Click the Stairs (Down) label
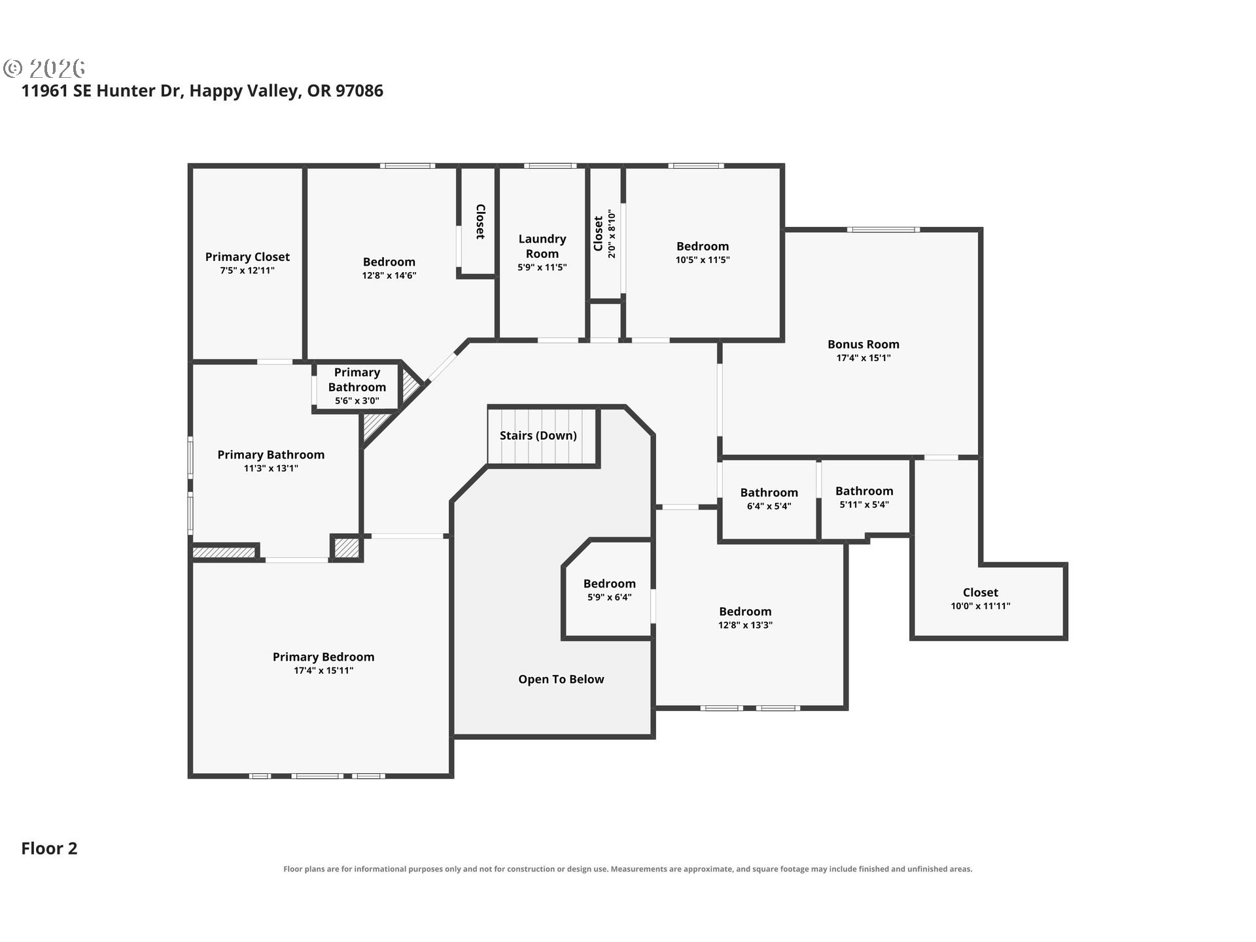tap(538, 436)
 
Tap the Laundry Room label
tap(542, 247)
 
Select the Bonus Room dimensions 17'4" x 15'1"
tap(863, 358)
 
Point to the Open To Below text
tap(561, 680)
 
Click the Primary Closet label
tap(247, 257)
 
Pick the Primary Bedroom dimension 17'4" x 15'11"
tap(323, 671)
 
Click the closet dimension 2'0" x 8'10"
tap(612, 234)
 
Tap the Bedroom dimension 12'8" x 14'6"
tap(389, 275)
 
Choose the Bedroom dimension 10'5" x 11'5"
tap(703, 260)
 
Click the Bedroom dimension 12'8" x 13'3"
tap(745, 625)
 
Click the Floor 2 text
tap(49, 848)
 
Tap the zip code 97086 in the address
tap(359, 90)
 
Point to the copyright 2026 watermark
tap(44, 68)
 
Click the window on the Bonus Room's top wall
tap(883, 230)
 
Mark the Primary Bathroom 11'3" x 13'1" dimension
tap(271, 468)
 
